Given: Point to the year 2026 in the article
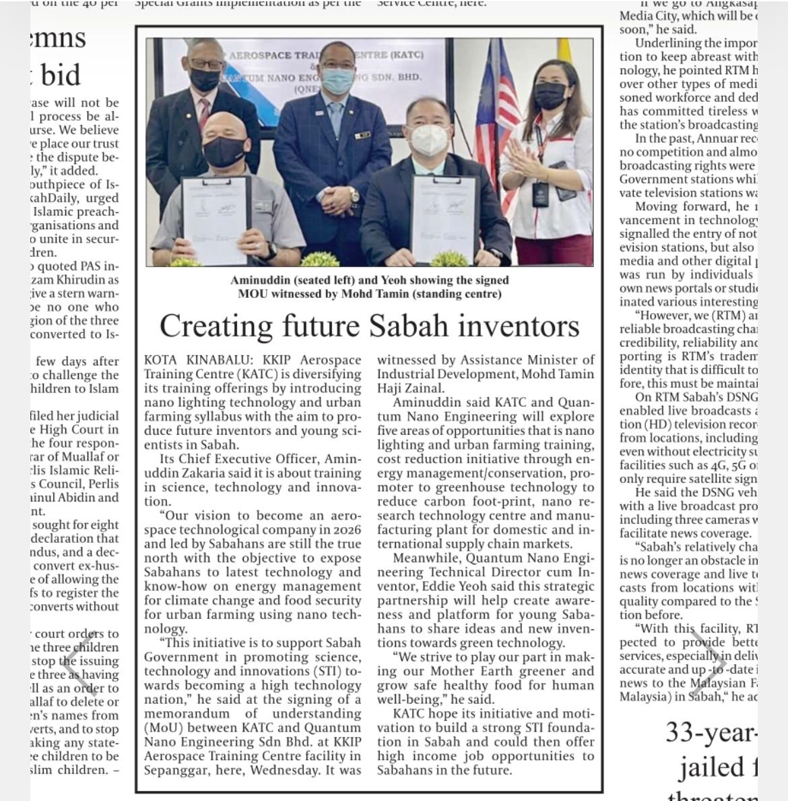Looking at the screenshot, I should (346, 529).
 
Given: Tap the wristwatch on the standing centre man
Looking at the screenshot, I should (354, 196).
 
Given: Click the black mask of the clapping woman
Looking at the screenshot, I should (550, 96).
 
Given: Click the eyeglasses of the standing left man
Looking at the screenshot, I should (205, 65).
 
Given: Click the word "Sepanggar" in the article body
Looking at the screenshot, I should (177, 770).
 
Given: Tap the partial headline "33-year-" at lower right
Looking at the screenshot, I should (711, 732).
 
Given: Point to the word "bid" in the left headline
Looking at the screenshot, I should (61, 75).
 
